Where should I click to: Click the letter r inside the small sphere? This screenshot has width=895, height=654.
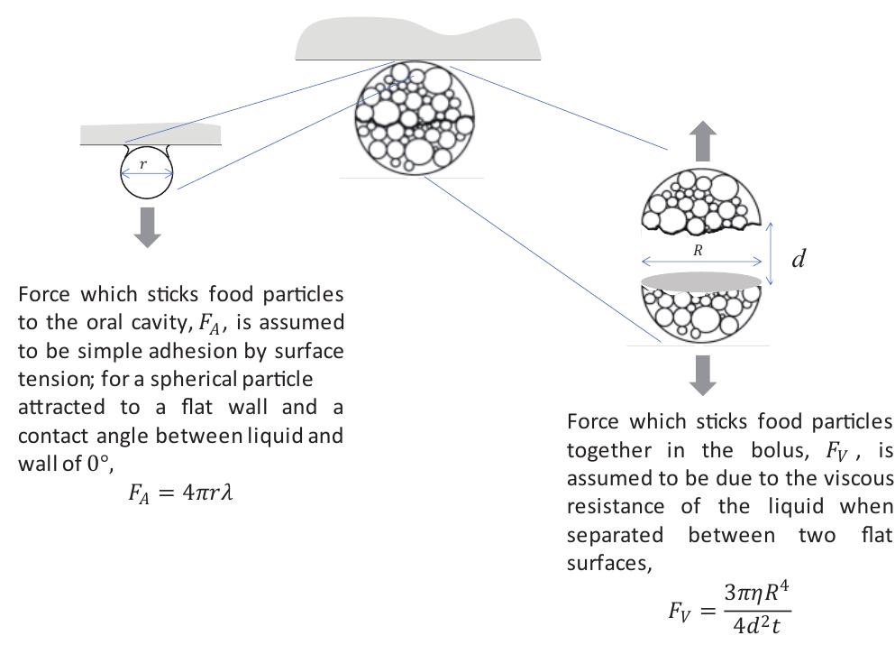143,164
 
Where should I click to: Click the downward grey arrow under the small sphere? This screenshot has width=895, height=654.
147,226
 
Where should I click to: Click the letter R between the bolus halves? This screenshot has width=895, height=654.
698,252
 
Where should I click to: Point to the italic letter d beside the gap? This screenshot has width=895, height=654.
799,260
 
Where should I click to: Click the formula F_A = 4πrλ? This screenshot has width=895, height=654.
180,493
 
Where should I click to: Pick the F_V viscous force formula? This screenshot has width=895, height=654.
729,609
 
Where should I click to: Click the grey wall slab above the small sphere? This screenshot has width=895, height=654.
151,135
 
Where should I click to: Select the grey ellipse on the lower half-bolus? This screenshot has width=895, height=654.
701,281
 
